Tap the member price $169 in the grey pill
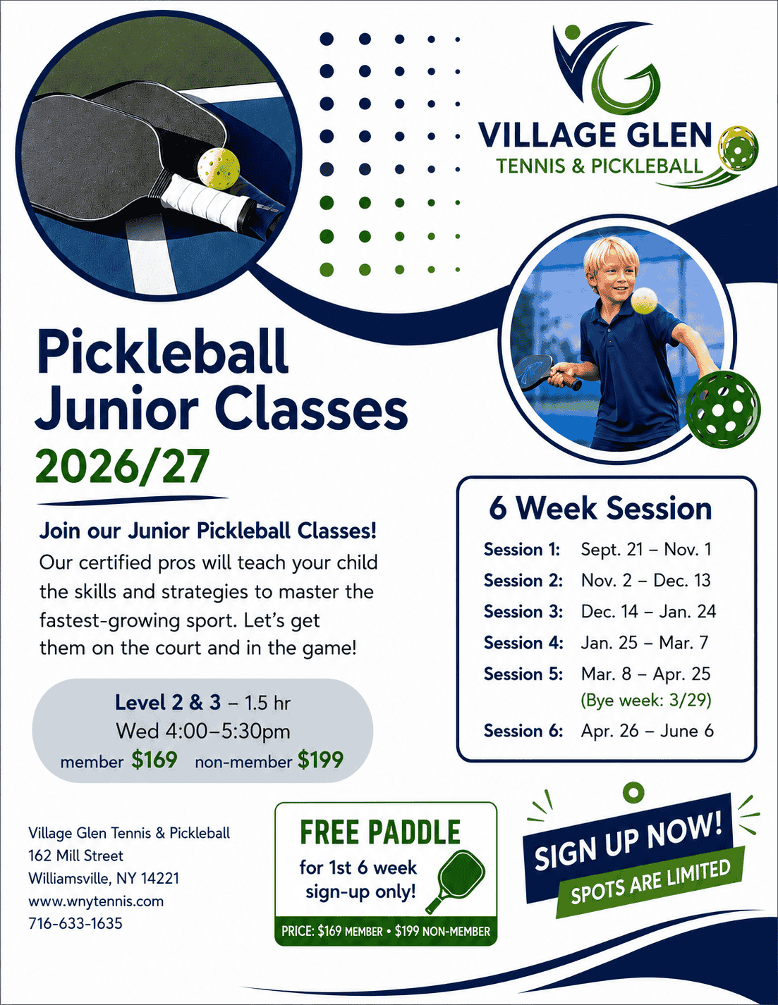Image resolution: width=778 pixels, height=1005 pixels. coord(154,760)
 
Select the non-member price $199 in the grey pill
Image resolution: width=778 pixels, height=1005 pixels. coord(320,760)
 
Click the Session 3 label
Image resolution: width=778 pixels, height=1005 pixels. coord(523,612)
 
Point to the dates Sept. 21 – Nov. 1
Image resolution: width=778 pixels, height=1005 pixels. coord(645,550)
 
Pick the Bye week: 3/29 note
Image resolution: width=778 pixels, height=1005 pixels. coord(645,701)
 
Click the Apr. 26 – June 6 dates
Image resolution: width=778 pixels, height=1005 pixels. coord(647,732)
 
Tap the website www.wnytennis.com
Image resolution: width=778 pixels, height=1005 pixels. coord(96,901)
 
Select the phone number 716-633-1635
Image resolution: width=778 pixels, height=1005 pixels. coord(75,924)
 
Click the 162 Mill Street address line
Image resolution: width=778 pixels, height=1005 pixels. coord(76,856)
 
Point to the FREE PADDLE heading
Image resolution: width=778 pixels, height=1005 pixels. coord(380,832)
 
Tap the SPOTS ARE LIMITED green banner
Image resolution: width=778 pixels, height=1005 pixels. coord(650,882)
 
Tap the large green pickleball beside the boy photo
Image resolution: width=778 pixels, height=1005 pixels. coord(722,409)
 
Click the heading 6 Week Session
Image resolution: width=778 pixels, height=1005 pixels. coord(600,508)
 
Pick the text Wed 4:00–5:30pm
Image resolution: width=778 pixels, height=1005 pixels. coord(202,732)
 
